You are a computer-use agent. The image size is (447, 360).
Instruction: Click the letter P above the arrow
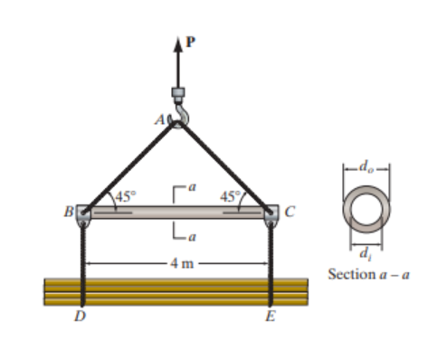click(190, 41)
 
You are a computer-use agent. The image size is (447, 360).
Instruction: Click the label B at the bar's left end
click(69, 214)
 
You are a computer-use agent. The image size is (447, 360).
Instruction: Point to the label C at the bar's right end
click(289, 213)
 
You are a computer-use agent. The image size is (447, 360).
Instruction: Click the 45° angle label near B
click(124, 194)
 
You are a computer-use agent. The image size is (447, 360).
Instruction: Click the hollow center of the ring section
click(365, 210)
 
